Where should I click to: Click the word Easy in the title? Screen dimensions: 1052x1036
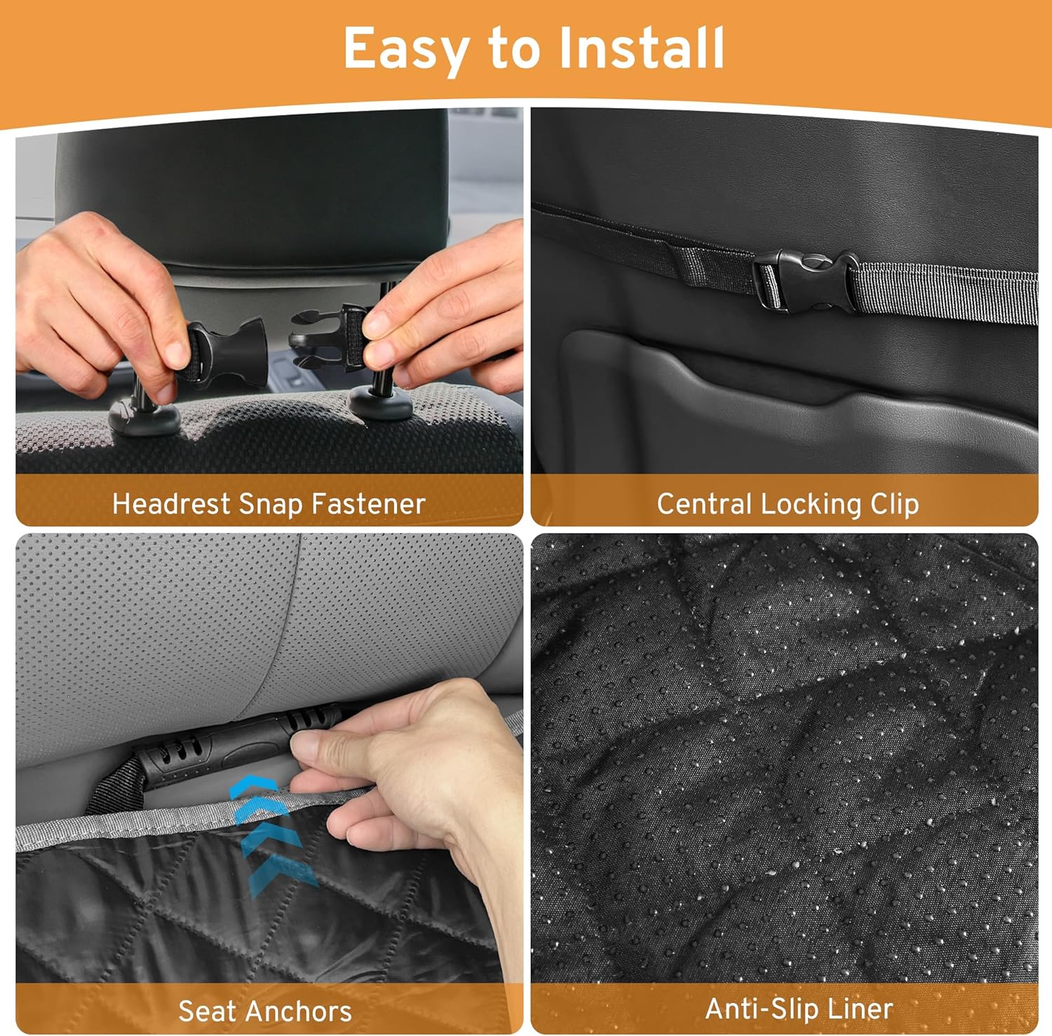coord(405,50)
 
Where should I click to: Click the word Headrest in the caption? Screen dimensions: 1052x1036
coord(171,504)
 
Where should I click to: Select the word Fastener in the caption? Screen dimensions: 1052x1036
coord(367,504)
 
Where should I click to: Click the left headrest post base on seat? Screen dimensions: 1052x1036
coord(144,417)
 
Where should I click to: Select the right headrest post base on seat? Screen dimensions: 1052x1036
coord(381,402)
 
